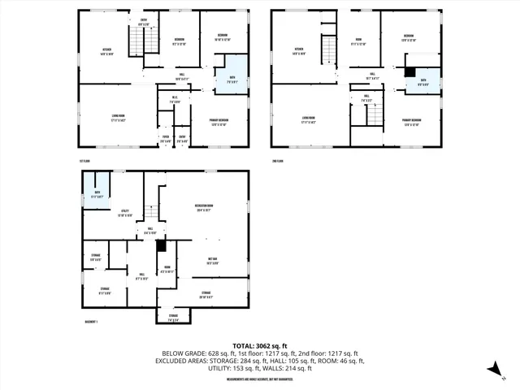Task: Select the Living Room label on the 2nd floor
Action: click(x=308, y=119)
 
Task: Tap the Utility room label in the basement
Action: click(x=125, y=214)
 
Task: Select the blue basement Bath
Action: click(x=97, y=193)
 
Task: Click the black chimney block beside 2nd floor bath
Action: click(x=409, y=71)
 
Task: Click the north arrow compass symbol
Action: click(x=494, y=370)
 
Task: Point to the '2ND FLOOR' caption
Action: click(x=279, y=162)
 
